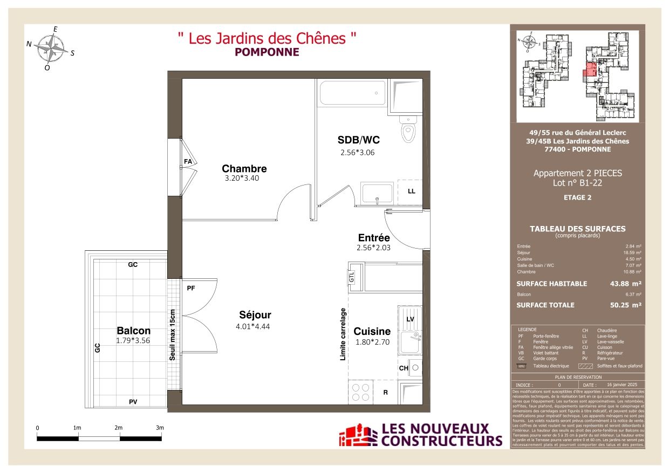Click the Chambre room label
(244, 168)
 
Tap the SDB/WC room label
(359, 140)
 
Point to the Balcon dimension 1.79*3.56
(133, 340)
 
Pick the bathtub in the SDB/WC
(352, 93)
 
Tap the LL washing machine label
(411, 191)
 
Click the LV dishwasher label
(410, 319)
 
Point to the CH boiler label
(403, 368)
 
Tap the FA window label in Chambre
(188, 161)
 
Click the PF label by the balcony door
(190, 289)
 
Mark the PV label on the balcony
(133, 402)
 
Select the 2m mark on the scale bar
(119, 428)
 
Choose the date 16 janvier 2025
(622, 385)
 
